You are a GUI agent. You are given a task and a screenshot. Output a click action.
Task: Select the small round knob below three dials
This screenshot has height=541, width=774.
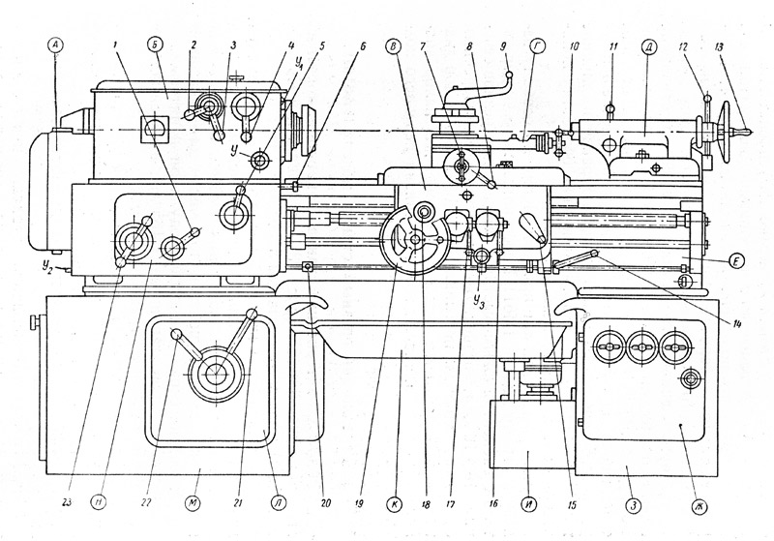tap(691, 376)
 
